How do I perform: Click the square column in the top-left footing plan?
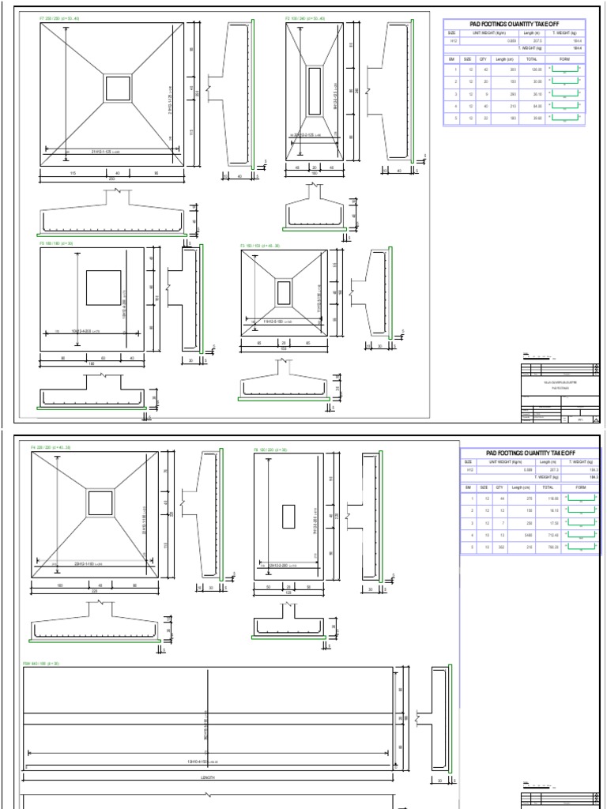point(118,88)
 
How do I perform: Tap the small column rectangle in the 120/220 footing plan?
point(288,514)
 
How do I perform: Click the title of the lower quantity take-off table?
point(530,453)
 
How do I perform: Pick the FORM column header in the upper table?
point(564,58)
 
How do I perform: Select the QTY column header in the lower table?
point(500,488)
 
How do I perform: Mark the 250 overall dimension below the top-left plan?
point(111,179)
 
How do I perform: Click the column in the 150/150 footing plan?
point(285,293)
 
